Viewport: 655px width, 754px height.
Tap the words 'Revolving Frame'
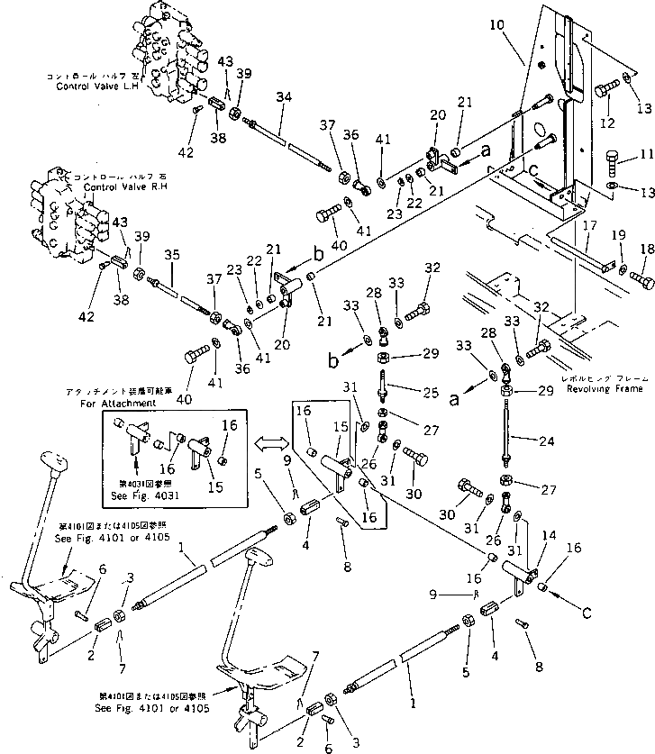[613, 388]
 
